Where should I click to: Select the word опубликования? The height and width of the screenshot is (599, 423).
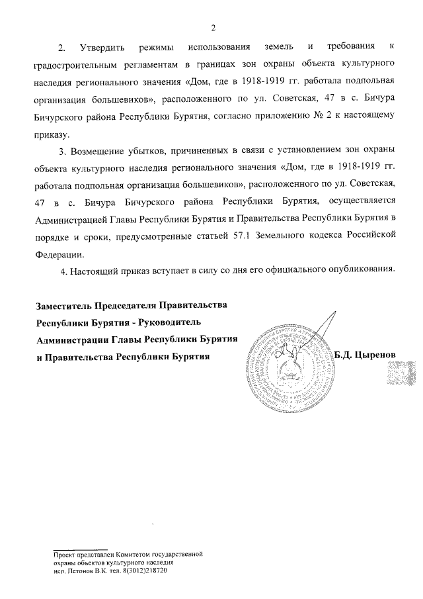click(x=358, y=269)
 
